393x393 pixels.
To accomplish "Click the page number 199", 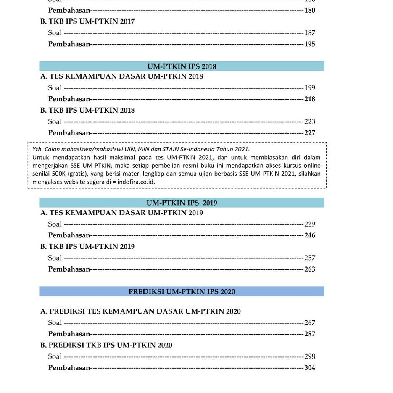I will pos(310,88).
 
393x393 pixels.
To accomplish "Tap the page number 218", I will pos(310,99).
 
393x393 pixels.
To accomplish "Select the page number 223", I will pos(310,122).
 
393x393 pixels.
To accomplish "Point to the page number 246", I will pos(310,235).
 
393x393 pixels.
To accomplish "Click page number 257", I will pos(310,258).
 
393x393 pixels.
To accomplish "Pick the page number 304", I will pos(310,368).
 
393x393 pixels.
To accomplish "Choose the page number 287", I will pos(310,334).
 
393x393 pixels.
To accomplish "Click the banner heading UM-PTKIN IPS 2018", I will pos(182,66).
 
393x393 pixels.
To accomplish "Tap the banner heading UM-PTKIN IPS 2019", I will pos(182,203).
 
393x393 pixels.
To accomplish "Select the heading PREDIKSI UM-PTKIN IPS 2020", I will pos(182,292).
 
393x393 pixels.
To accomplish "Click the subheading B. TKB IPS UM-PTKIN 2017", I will pos(87,21).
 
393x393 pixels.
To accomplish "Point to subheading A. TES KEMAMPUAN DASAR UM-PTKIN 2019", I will pos(121,213).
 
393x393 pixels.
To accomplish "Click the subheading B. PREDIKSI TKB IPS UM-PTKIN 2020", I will pos(106,346).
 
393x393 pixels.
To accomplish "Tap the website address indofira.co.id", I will pos(136,182).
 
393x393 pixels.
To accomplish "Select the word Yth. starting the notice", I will pos(37,149).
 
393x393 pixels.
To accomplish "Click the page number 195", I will pos(310,44).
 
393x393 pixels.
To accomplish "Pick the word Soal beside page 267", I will pos(55,323).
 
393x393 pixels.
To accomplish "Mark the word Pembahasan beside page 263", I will pos(69,269).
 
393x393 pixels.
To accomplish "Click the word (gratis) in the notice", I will pos(78,174).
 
